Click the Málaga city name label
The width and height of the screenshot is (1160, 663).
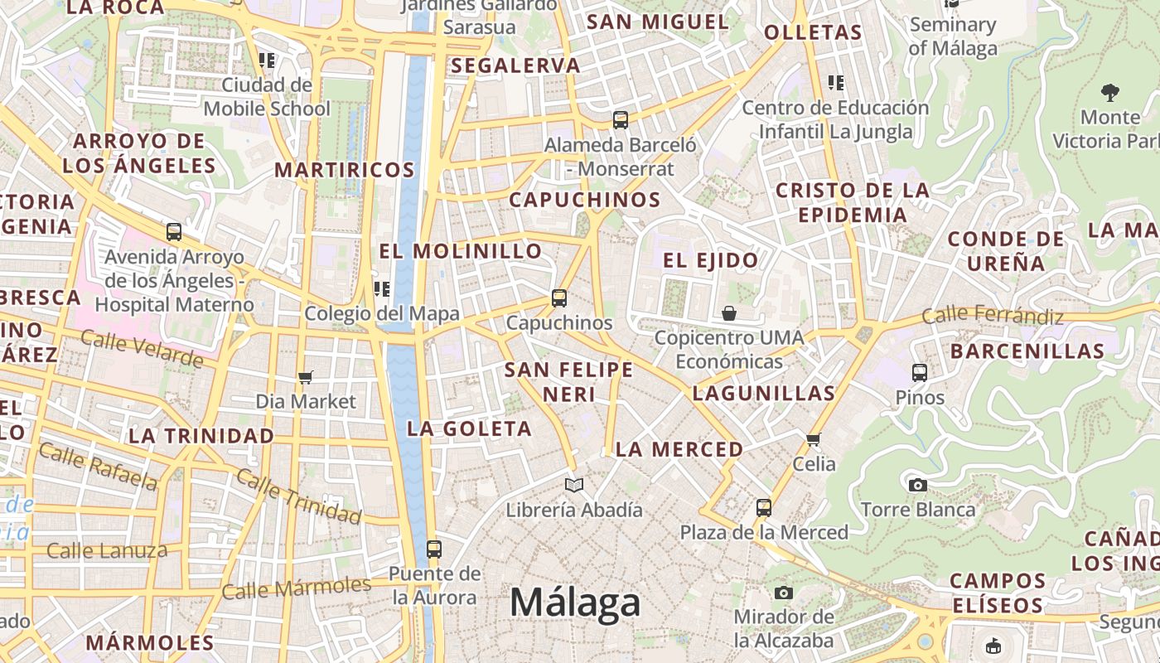[x=575, y=603]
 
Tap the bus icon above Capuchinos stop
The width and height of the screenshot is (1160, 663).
[x=559, y=298]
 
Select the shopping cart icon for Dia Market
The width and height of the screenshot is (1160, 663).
[x=305, y=378]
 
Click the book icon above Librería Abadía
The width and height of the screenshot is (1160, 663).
[x=574, y=485]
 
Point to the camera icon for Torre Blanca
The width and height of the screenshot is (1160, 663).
[x=917, y=485]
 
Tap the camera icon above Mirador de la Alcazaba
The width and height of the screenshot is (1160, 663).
[x=783, y=593]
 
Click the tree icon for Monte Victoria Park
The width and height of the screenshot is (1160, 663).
[x=1109, y=92]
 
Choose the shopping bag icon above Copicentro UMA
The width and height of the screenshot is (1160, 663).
[x=729, y=313]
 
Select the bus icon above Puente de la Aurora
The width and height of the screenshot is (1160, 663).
[x=433, y=549]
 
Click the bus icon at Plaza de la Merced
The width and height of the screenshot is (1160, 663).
[x=764, y=508]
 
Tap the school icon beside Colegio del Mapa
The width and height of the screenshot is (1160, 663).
[x=382, y=289]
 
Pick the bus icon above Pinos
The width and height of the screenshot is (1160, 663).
[x=920, y=373]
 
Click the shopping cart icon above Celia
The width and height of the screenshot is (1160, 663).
[x=814, y=439]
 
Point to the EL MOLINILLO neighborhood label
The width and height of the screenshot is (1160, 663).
[x=461, y=251]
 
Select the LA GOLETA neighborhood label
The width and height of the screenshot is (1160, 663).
[x=469, y=428]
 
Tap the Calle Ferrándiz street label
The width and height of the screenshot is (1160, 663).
[x=992, y=316]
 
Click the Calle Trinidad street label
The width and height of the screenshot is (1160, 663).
[x=298, y=496]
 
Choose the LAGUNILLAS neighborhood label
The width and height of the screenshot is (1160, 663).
[x=763, y=393]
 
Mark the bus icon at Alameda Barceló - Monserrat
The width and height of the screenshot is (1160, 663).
[x=621, y=120]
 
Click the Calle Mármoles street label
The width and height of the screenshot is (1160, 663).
[x=297, y=588]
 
